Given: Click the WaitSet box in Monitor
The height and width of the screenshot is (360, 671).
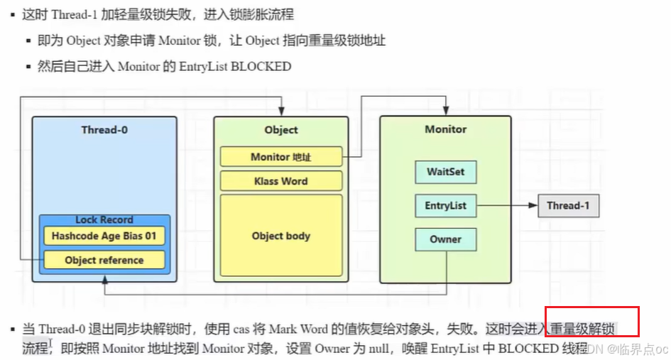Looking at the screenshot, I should point(445,172).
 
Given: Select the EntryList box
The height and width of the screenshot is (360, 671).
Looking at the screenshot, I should point(445,206).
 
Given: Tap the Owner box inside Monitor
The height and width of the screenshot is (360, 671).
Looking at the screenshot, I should point(445,239).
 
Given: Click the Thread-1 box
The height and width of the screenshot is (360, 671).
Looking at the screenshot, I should point(568,206).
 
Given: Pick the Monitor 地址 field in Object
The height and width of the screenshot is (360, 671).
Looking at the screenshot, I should point(281,157).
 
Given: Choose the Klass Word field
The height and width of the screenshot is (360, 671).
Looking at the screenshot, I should point(281,181).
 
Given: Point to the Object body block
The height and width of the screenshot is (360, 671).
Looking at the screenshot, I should point(281,236).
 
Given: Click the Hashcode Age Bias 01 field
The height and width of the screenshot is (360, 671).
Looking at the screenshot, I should point(104,236).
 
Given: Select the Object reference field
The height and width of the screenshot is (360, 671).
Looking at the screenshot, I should point(104,260).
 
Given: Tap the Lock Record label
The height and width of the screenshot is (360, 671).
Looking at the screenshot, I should point(104,220).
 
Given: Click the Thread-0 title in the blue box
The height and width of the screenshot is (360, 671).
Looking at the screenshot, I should point(104,130).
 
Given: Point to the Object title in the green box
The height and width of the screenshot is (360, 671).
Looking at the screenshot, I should point(281,130).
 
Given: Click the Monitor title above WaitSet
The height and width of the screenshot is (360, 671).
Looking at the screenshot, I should point(445,129).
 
